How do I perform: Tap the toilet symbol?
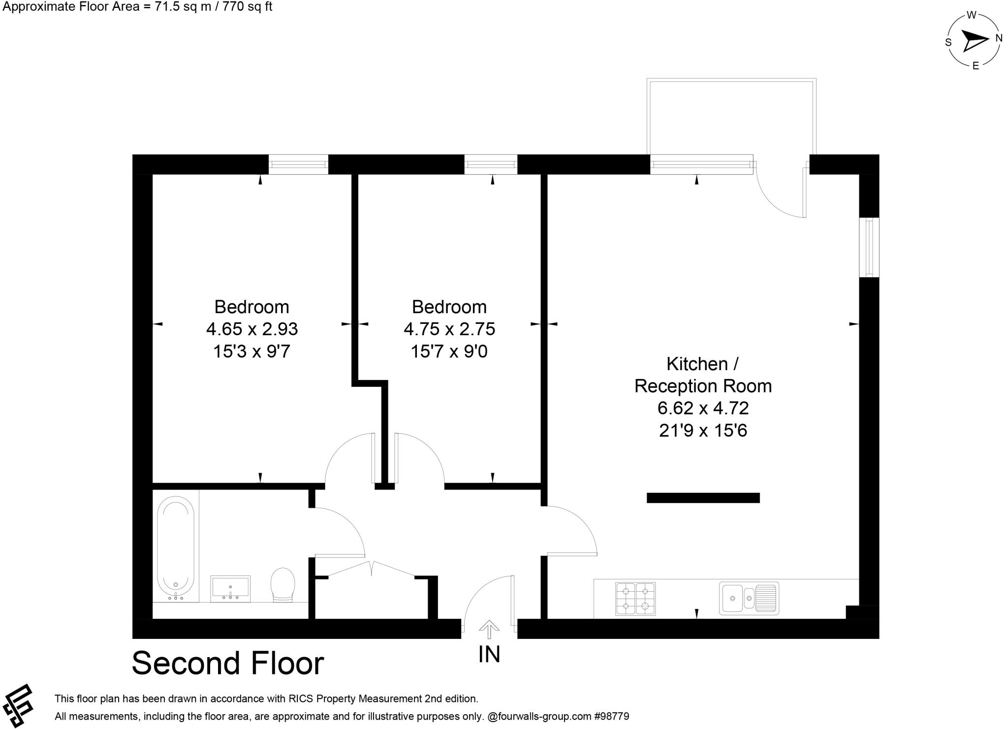pyautogui.click(x=283, y=585)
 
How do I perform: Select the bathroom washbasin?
pyautogui.click(x=230, y=588)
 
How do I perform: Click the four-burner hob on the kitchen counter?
pyautogui.click(x=635, y=598)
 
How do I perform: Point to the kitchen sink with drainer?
pyautogui.click(x=749, y=598)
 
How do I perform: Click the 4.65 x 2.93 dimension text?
pyautogui.click(x=252, y=329)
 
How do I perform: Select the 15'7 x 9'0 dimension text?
pyautogui.click(x=449, y=351)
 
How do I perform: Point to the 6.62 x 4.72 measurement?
pyautogui.click(x=703, y=408)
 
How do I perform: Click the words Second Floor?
pyautogui.click(x=228, y=663)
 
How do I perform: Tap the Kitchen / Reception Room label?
pyautogui.click(x=703, y=375)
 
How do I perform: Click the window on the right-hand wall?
pyautogui.click(x=869, y=248)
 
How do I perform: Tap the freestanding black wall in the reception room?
pyautogui.click(x=703, y=498)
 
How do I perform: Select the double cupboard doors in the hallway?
pyautogui.click(x=371, y=569)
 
